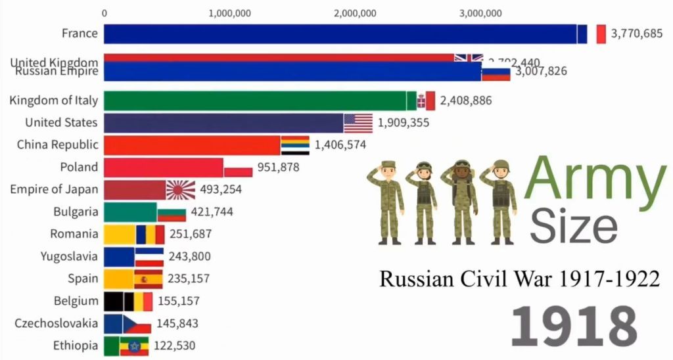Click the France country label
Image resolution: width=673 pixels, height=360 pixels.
tap(80, 34)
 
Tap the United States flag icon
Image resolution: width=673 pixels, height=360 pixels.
tap(358, 123)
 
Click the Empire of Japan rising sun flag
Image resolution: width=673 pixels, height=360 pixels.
tap(180, 190)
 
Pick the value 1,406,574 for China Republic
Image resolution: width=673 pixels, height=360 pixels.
tap(340, 145)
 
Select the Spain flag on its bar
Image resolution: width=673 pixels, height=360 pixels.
tap(148, 279)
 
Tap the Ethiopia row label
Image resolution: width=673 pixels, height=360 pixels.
tap(76, 346)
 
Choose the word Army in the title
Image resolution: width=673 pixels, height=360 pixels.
tap(595, 178)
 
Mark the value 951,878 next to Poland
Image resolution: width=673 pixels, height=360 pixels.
tap(278, 168)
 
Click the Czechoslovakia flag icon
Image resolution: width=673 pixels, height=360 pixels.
tap(137, 324)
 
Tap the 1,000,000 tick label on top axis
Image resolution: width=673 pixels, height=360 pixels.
tap(233, 12)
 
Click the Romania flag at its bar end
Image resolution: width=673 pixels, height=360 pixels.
tap(151, 235)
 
